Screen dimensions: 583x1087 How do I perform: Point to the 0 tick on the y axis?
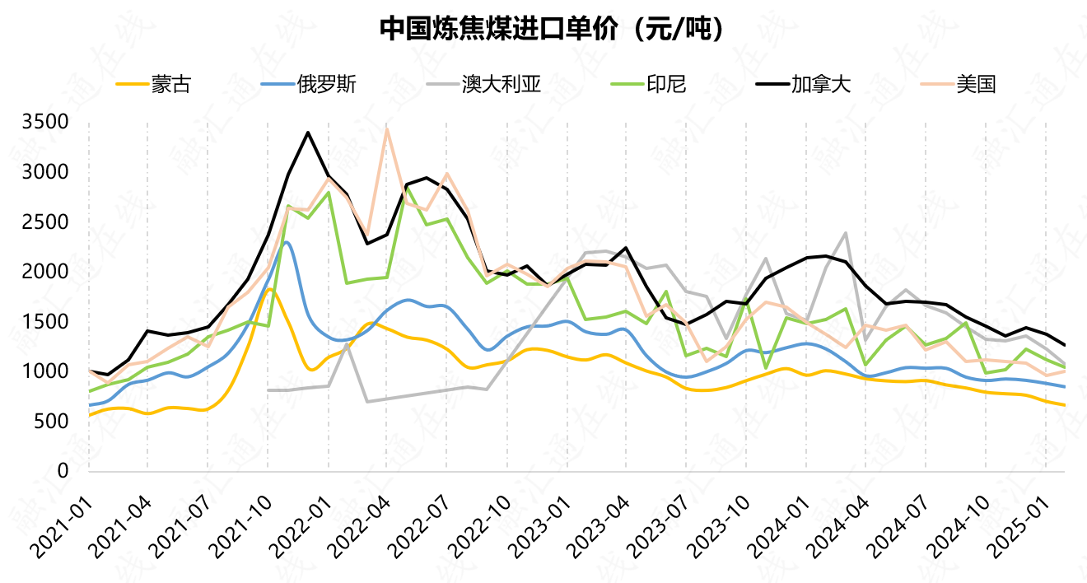(63, 471)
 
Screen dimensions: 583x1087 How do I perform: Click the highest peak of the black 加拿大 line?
(308, 133)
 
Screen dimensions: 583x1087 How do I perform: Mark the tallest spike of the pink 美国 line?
(387, 128)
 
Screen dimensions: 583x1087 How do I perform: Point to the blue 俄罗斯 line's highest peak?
(287, 242)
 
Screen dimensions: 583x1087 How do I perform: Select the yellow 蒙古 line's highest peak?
(269, 289)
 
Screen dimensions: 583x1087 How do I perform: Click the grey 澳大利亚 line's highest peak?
(846, 233)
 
